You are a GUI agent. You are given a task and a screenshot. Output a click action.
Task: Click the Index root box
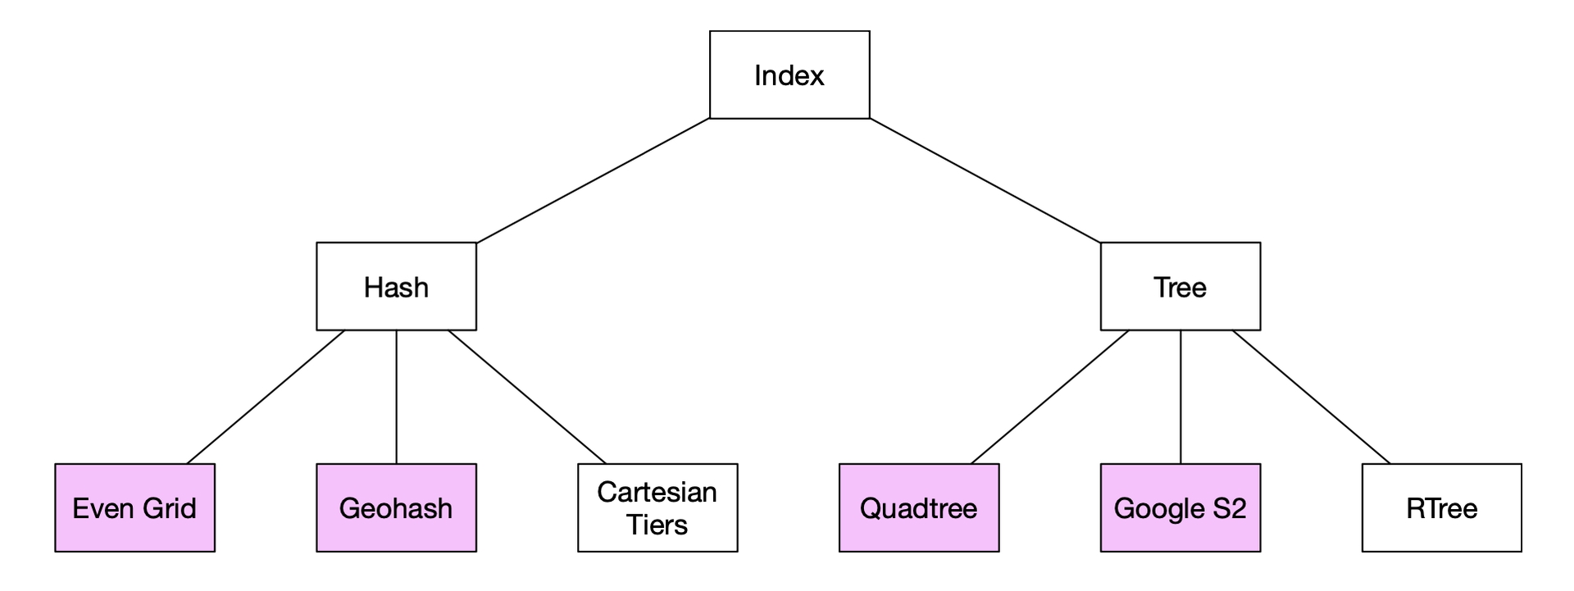[789, 75]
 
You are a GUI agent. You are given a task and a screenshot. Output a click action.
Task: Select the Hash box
[396, 286]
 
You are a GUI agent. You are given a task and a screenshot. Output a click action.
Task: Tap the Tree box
[1180, 286]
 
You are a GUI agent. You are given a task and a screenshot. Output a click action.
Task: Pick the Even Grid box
[134, 508]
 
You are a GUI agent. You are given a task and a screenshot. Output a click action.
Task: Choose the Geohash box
[396, 508]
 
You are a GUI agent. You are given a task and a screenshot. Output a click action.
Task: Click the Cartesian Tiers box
[657, 508]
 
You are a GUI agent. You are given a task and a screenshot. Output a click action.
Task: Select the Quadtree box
[919, 508]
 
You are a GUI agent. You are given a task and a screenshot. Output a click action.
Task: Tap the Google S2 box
[1180, 508]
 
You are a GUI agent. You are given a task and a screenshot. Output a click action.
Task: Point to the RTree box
[1442, 508]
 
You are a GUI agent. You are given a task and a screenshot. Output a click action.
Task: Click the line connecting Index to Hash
[593, 180]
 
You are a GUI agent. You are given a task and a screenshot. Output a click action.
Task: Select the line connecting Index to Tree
[985, 180]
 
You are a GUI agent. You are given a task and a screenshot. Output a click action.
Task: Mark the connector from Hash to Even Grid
[266, 398]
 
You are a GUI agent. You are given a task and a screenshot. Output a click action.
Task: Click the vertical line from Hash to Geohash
[397, 398]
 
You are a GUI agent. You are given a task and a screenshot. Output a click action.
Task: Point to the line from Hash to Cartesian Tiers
[527, 398]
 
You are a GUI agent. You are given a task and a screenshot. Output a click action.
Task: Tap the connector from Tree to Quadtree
[1050, 398]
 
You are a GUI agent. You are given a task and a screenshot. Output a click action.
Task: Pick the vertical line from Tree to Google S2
[1180, 398]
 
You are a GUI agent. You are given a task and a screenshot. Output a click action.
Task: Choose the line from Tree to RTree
[1312, 398]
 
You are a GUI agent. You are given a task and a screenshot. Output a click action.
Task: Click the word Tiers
[657, 525]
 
